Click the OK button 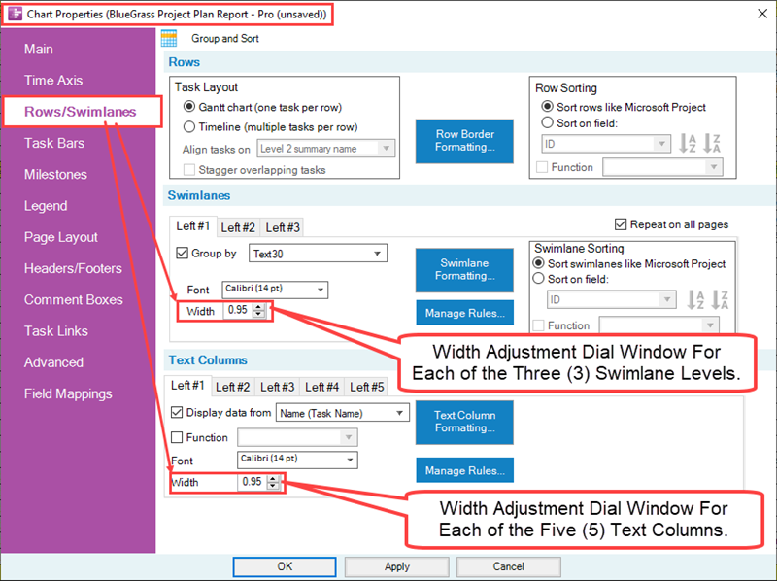click(x=285, y=566)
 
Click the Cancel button click(x=508, y=566)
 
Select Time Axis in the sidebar click(x=53, y=81)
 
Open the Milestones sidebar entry click(x=55, y=175)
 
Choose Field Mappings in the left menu click(x=68, y=393)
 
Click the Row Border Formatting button click(x=464, y=141)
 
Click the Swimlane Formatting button click(x=464, y=269)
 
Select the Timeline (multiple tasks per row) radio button click(x=189, y=127)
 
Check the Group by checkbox click(x=182, y=254)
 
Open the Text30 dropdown click(x=317, y=254)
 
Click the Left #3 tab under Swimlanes click(x=283, y=227)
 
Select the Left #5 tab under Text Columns click(x=367, y=387)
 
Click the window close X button click(x=758, y=15)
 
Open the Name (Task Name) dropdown click(x=342, y=413)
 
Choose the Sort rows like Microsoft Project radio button click(x=550, y=107)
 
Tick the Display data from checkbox click(x=177, y=413)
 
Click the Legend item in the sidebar click(x=46, y=206)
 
